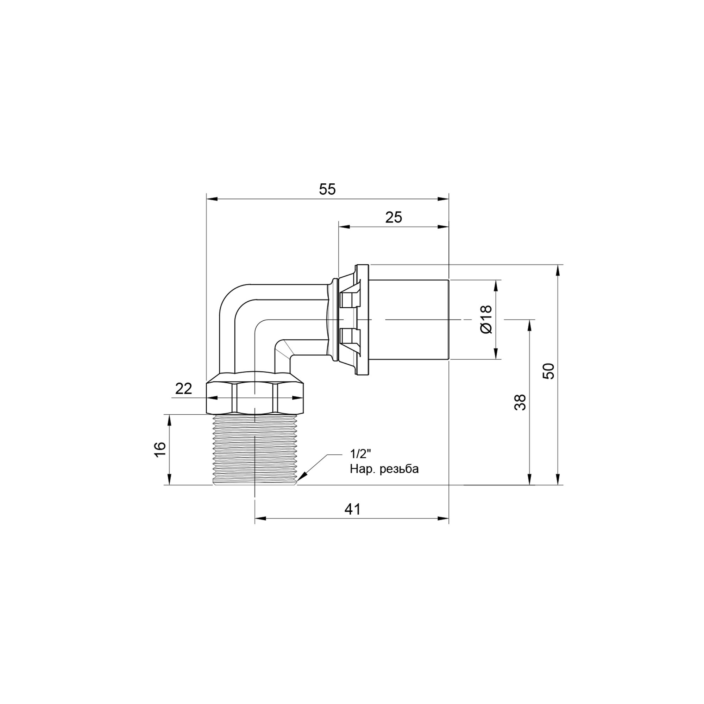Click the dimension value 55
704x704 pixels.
click(327, 189)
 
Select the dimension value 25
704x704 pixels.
click(394, 218)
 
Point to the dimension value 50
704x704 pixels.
click(549, 371)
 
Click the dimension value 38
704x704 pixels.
click(520, 402)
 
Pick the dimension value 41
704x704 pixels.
click(352, 509)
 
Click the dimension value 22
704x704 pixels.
click(183, 389)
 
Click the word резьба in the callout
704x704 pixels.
click(399, 469)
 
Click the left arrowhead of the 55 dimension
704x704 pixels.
click(212, 199)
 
